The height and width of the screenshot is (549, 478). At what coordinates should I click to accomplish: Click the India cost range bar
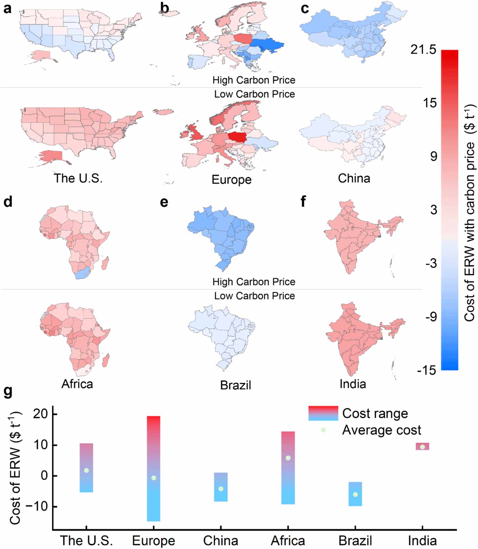(x=422, y=446)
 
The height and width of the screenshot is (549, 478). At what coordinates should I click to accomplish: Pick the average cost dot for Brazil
(x=355, y=494)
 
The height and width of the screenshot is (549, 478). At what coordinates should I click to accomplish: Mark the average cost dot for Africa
(x=288, y=458)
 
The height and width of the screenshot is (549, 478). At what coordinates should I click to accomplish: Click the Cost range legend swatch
(x=323, y=413)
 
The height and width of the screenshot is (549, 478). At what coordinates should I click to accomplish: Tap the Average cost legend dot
(x=323, y=430)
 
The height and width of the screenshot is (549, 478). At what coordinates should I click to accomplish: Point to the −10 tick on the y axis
(x=37, y=507)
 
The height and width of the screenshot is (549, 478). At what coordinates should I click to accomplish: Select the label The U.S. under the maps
(x=78, y=178)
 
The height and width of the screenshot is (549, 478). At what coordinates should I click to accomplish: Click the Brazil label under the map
(x=236, y=385)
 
